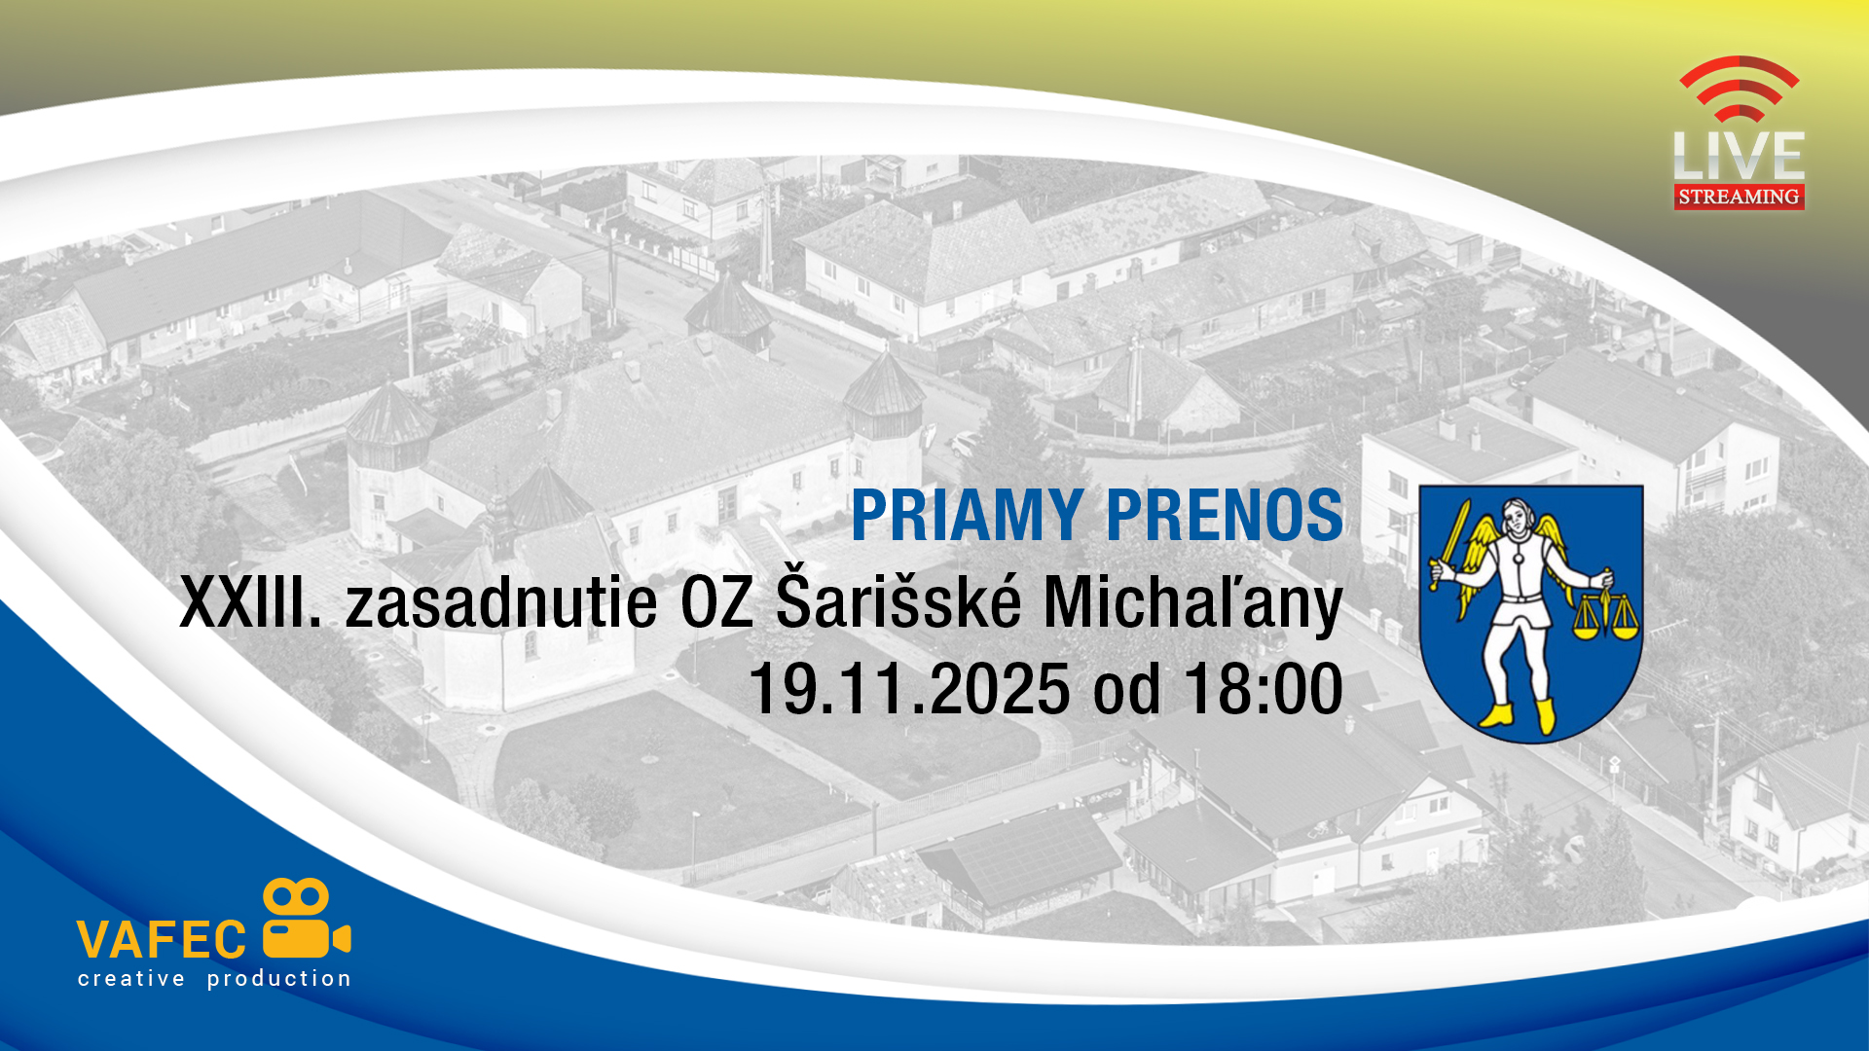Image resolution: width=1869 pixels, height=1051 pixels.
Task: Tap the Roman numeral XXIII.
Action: click(x=251, y=602)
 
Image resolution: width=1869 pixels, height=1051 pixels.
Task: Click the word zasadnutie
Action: click(x=501, y=602)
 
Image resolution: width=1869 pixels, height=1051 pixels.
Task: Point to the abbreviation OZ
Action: click(x=717, y=602)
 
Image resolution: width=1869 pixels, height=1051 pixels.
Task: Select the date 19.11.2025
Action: click(x=910, y=689)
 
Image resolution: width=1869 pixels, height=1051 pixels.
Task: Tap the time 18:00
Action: click(x=1264, y=689)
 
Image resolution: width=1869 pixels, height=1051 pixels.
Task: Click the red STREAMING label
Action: click(x=1739, y=197)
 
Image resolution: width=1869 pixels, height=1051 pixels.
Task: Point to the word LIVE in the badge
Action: click(x=1739, y=155)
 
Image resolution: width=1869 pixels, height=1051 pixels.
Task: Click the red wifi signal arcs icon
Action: click(x=1740, y=88)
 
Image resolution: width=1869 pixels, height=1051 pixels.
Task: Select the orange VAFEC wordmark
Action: click(x=162, y=940)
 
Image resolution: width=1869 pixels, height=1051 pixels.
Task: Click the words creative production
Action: click(x=214, y=979)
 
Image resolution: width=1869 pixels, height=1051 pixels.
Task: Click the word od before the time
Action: click(x=1127, y=689)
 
